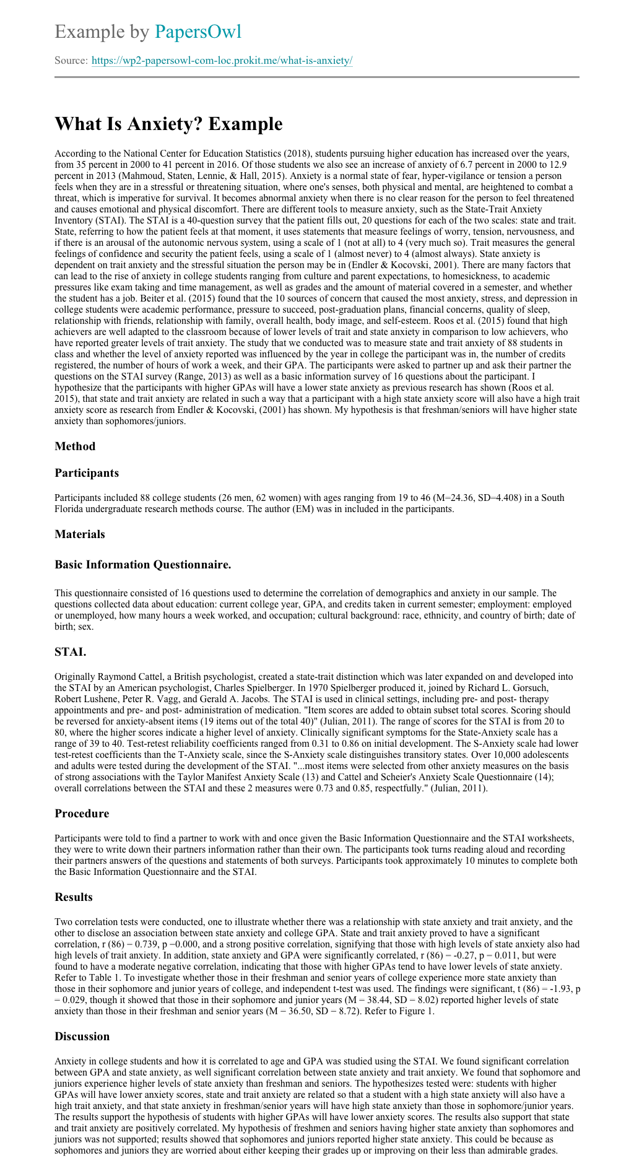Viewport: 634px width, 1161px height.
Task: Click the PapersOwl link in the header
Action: pyautogui.click(x=198, y=32)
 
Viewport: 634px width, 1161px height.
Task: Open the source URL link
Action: pyautogui.click(x=222, y=61)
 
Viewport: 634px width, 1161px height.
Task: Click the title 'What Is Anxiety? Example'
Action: pyautogui.click(x=168, y=124)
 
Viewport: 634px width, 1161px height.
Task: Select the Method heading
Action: pyautogui.click(x=75, y=446)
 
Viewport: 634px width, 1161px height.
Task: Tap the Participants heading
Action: pyautogui.click(x=87, y=473)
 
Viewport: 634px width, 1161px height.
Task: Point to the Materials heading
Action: pyautogui.click(x=80, y=534)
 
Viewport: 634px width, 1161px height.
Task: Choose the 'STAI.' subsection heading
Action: pyautogui.click(x=70, y=652)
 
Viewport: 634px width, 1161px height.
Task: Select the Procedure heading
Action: pyautogui.click(x=82, y=814)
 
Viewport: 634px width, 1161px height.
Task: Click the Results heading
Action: pyautogui.click(x=74, y=897)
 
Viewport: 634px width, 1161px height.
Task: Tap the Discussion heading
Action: pyautogui.click(x=82, y=1037)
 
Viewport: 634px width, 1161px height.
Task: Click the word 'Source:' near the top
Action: pyautogui.click(x=71, y=61)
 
